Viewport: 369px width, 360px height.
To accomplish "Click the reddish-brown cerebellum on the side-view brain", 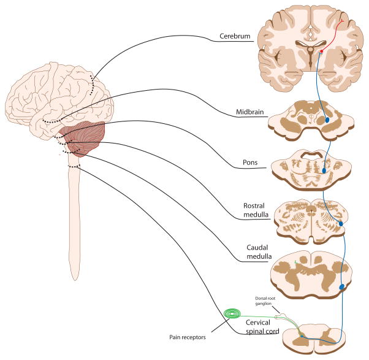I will tap(86, 139).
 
